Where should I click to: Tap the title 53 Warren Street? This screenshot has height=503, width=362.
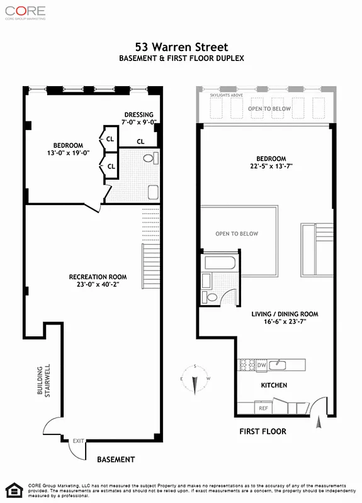point(182,47)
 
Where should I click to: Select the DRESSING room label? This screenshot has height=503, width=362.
point(139,114)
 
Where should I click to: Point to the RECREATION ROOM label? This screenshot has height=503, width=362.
point(98,277)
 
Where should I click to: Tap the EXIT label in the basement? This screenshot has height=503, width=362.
point(78,441)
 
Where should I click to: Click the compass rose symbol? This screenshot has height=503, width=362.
point(195,379)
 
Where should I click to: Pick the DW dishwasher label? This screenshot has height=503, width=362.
point(262,365)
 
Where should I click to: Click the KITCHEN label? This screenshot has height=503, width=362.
point(274,385)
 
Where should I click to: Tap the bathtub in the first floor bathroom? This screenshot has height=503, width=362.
point(219,262)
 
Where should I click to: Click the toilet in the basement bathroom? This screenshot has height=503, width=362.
point(149,158)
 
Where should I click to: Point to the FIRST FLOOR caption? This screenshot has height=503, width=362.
point(263,431)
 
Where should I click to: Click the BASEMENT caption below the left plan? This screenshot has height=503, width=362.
point(115,460)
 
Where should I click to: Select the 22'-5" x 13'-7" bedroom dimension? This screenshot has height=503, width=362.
point(270,167)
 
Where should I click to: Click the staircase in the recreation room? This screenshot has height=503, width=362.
point(150,264)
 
